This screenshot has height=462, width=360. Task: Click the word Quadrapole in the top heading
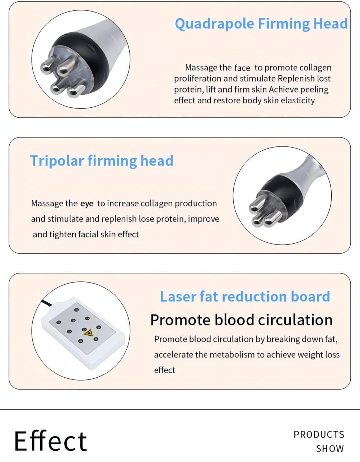click(x=214, y=24)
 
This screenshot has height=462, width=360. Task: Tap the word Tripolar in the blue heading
click(x=57, y=161)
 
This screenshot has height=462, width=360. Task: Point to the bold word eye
click(x=87, y=204)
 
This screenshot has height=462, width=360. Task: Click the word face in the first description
click(x=242, y=68)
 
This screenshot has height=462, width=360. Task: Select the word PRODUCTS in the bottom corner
click(x=319, y=435)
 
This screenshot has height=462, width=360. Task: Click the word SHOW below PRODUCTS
click(x=330, y=449)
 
